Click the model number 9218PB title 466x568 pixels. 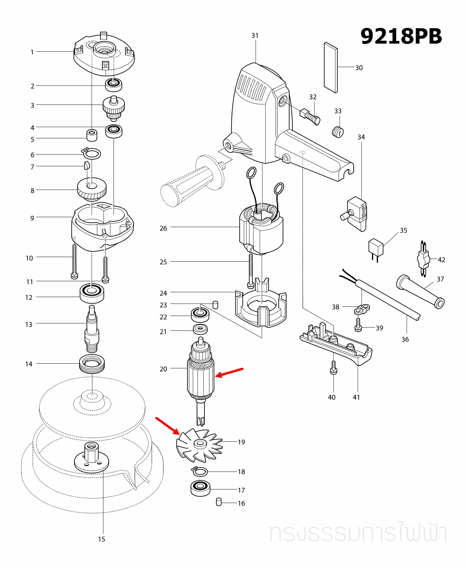401,36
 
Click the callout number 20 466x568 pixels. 163,369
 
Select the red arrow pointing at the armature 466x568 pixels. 229,373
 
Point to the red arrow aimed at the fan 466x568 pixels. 167,426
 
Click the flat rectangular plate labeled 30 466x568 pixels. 330,68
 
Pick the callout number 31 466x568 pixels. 255,35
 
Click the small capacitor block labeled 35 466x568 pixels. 376,248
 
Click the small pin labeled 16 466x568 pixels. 219,502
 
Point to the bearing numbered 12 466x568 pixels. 92,293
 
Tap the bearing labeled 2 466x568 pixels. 114,85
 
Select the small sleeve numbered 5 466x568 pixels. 92,135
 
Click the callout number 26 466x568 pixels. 163,228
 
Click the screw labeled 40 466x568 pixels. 333,368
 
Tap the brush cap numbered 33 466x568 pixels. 338,132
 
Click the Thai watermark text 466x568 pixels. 358,533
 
